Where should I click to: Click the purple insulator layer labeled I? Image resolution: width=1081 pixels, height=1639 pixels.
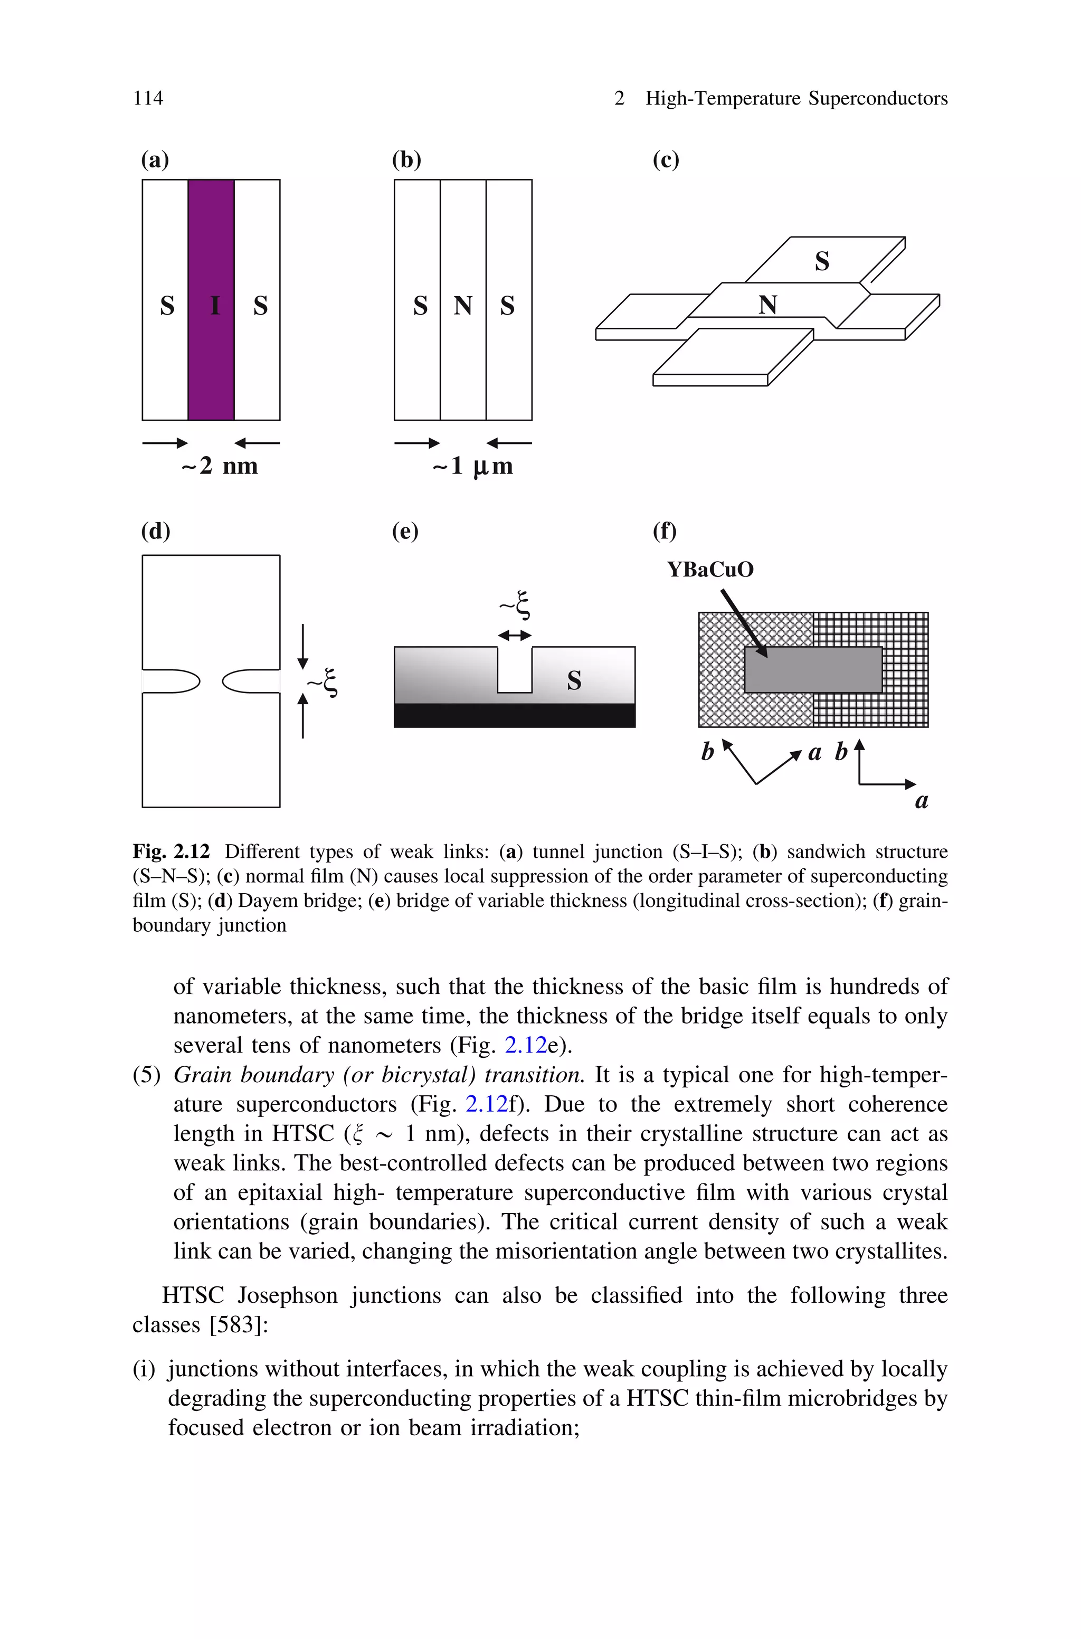tap(211, 300)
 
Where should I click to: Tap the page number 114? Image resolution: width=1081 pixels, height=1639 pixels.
tap(148, 99)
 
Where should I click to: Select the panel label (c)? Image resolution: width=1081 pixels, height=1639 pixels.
tap(665, 160)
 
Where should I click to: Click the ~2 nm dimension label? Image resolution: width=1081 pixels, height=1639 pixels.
tap(219, 466)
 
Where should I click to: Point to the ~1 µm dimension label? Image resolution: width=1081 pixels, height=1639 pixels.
tap(473, 466)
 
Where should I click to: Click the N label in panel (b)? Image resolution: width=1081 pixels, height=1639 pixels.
tap(462, 305)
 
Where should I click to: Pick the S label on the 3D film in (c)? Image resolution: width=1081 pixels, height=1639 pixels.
tap(822, 261)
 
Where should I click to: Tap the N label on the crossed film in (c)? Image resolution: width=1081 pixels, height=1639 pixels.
tap(767, 305)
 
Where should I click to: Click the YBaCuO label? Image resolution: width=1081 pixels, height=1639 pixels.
tap(710, 570)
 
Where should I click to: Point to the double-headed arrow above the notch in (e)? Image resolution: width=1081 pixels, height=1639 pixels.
tap(514, 636)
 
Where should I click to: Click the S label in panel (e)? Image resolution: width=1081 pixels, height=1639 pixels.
tap(574, 680)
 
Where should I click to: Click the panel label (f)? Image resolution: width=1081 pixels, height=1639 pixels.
tap(665, 532)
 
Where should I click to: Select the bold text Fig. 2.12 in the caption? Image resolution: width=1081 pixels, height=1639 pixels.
tap(171, 852)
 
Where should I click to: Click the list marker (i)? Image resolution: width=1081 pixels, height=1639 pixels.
tap(144, 1369)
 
